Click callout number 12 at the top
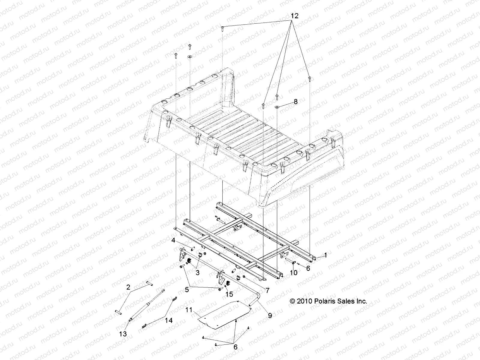295,16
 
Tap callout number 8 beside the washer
295,102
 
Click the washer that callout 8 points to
277,106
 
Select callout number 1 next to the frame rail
326,255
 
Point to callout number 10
293,273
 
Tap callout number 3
197,272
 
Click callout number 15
229,294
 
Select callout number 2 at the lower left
128,287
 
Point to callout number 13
123,334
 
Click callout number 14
169,320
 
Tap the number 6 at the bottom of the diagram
235,347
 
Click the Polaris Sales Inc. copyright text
328,301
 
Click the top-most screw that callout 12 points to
223,28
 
